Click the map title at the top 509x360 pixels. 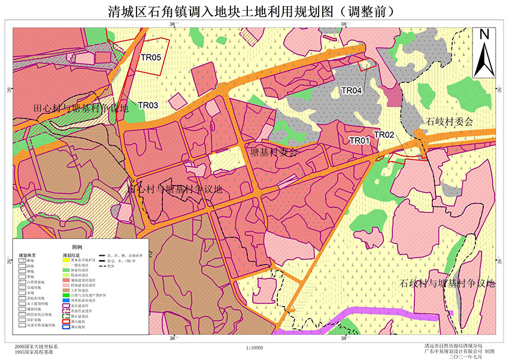pyautogui.click(x=254, y=10)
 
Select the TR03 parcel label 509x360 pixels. pyautogui.click(x=148, y=105)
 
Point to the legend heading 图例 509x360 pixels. pyautogui.click(x=77, y=247)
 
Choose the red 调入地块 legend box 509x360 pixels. pyautogui.click(x=66, y=322)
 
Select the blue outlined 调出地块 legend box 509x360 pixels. pyautogui.click(x=66, y=328)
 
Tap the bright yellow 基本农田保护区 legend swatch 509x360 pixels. pyautogui.click(x=66, y=261)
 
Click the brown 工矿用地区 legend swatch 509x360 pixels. pyautogui.click(x=66, y=290)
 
